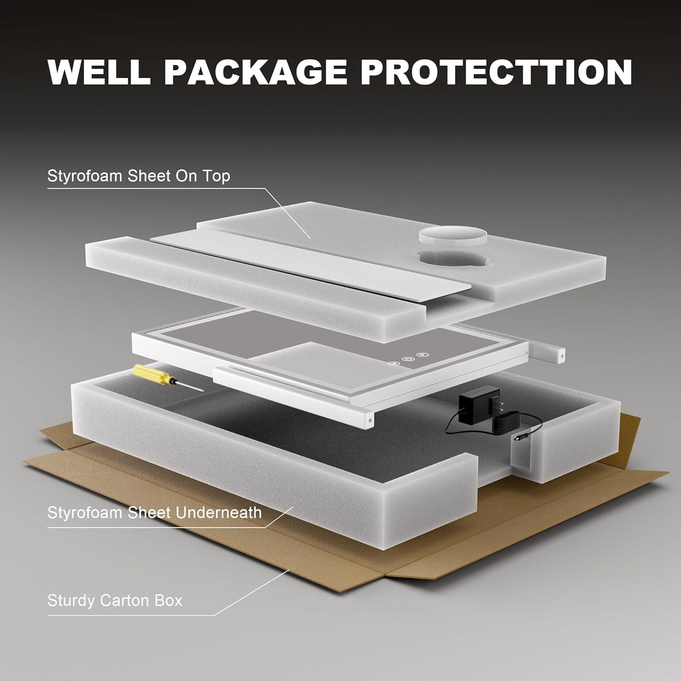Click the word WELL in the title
point(99,71)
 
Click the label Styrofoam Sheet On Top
point(138,176)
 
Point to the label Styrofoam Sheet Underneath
point(154,513)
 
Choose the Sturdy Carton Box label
point(114,601)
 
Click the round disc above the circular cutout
point(452,236)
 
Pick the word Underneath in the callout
point(219,513)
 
